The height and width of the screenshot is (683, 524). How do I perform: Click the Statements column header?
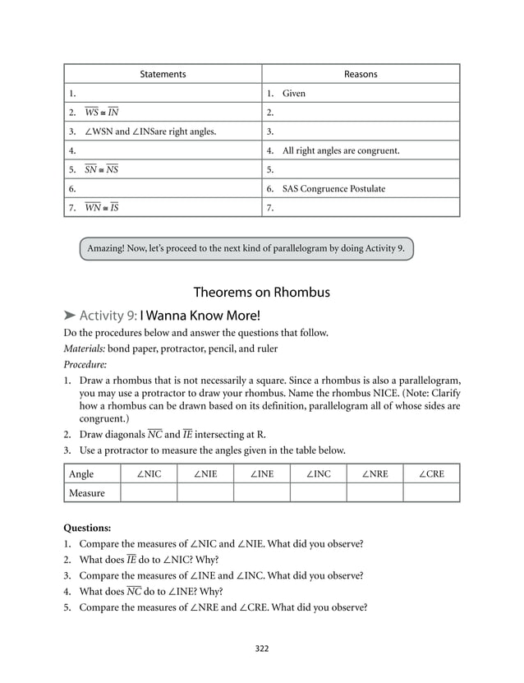coord(163,74)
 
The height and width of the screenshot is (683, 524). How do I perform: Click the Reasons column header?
coord(361,74)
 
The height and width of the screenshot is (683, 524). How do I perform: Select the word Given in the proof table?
coord(294,94)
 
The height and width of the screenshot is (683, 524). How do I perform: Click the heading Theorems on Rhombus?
coord(261,293)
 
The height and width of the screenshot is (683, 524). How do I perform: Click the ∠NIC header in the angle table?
coord(148,474)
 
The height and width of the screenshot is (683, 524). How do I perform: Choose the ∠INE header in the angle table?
coord(261,474)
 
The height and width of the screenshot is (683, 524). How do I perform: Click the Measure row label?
coord(87,493)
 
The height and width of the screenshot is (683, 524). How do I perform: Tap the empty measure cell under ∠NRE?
coord(374,493)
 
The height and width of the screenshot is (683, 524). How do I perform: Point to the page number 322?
coord(261,648)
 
